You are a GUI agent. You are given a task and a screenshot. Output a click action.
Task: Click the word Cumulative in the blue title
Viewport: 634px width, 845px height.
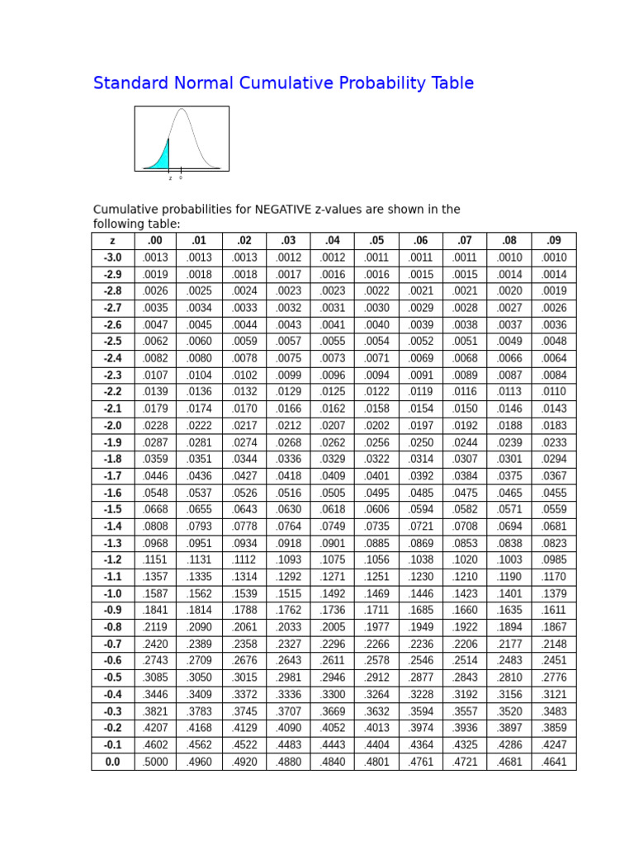click(280, 83)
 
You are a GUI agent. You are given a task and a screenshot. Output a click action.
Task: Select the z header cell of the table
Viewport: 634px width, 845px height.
click(112, 241)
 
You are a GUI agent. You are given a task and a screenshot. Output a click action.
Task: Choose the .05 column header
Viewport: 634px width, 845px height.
click(376, 241)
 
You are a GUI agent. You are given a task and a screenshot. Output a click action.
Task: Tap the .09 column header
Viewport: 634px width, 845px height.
click(554, 241)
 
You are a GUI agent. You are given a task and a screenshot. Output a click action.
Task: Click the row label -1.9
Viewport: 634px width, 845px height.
click(112, 442)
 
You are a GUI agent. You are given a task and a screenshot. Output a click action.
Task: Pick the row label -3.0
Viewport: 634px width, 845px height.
click(112, 257)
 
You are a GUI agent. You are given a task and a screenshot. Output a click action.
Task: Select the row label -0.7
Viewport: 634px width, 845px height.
click(112, 644)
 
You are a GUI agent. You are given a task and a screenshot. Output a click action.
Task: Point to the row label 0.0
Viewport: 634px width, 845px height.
click(112, 762)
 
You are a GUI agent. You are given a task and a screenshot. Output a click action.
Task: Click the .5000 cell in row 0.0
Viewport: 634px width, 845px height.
click(154, 762)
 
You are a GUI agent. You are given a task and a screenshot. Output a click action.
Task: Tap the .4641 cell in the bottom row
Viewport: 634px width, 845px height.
click(554, 762)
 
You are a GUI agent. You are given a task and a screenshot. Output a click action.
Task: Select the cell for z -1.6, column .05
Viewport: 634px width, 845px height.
click(376, 493)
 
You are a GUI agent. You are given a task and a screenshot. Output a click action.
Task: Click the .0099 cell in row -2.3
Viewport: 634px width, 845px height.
click(288, 375)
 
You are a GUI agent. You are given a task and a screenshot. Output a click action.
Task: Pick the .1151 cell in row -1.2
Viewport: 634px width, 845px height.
click(154, 559)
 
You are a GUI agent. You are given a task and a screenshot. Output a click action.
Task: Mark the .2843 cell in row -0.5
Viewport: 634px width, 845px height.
click(465, 677)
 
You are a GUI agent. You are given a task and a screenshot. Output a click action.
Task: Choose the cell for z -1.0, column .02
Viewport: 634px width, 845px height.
click(244, 593)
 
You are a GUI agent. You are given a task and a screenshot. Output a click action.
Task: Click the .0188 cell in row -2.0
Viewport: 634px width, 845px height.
click(509, 426)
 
